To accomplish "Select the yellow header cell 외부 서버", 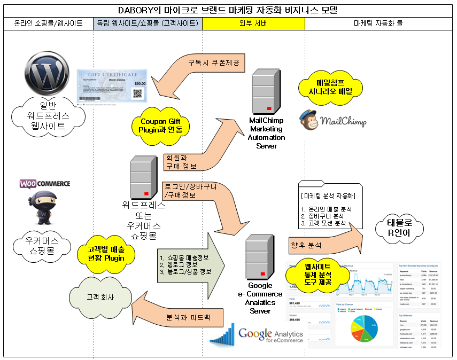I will pos(253,24).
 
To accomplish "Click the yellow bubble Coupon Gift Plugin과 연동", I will pos(160,126).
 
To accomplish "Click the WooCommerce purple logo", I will pos(45,184).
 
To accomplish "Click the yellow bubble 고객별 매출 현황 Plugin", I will pos(106,254).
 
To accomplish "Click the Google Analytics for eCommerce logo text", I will pos(270,335).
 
